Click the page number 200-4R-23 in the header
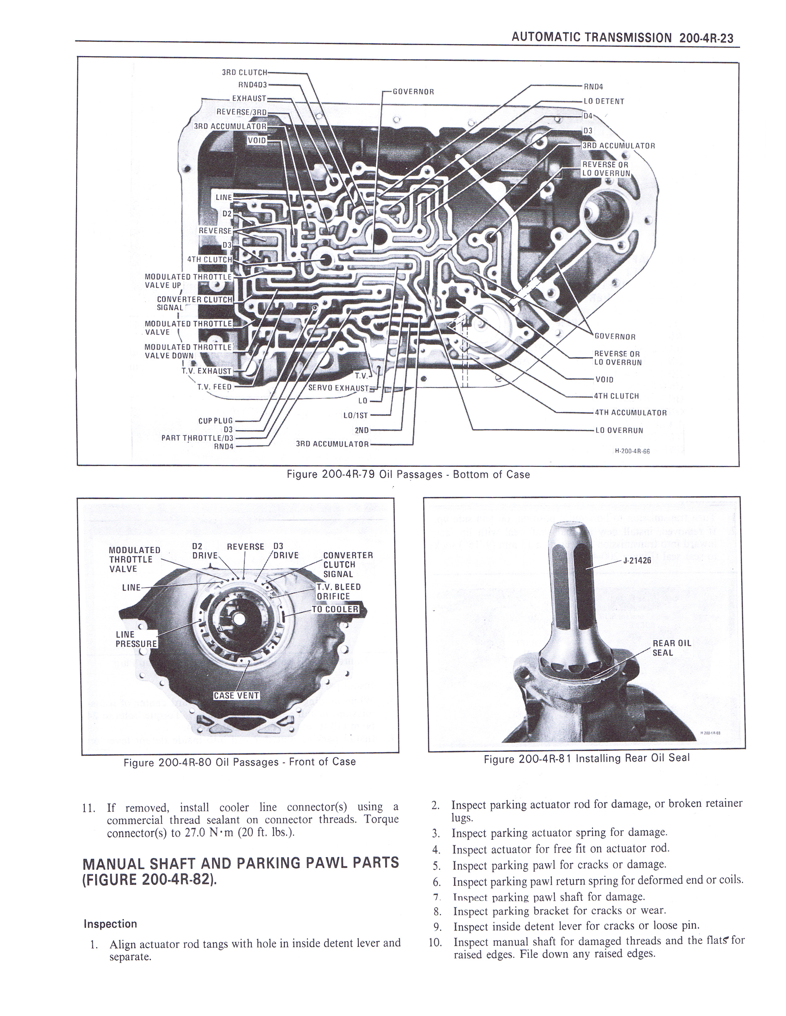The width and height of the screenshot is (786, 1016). click(x=706, y=38)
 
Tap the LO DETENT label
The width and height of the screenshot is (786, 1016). click(x=604, y=101)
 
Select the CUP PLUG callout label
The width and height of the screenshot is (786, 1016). click(x=215, y=421)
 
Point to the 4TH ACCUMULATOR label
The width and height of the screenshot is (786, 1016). click(x=630, y=413)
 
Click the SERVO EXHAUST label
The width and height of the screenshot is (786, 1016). click(x=338, y=388)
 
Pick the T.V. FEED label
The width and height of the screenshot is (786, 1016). click(x=214, y=387)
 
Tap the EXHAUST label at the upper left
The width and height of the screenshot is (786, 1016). click(x=249, y=99)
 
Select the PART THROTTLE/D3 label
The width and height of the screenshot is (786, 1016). click(x=197, y=438)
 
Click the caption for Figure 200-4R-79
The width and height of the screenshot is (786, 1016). click(x=408, y=474)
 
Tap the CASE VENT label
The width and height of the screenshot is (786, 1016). click(x=236, y=695)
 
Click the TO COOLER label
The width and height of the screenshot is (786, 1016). click(x=335, y=609)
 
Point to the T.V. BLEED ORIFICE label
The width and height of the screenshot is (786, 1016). click(x=338, y=592)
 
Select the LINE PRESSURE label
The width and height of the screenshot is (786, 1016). click(x=136, y=639)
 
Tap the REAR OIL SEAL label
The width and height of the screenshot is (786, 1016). click(x=671, y=648)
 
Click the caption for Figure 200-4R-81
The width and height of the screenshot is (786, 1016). click(x=586, y=758)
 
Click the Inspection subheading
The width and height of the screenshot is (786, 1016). click(x=110, y=924)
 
